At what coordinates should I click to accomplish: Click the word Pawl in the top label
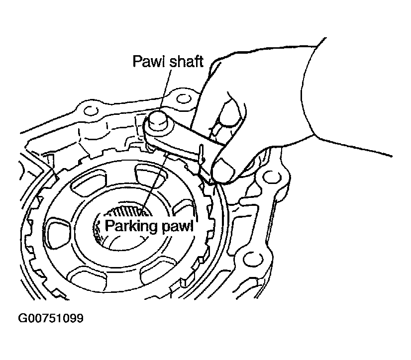click(146, 61)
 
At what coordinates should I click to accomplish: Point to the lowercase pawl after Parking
click(175, 227)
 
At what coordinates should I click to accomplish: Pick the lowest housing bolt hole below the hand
click(247, 262)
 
